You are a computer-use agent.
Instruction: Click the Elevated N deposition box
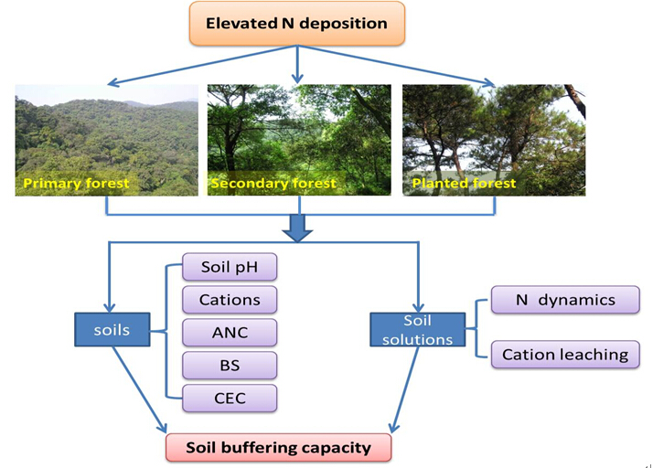click(297, 24)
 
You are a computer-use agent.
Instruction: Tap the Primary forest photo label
click(76, 184)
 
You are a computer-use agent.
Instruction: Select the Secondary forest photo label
click(273, 184)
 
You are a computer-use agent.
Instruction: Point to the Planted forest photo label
click(464, 184)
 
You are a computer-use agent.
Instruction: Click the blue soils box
click(113, 330)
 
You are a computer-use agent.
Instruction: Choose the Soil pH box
click(229, 268)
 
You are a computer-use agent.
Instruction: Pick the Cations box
click(229, 300)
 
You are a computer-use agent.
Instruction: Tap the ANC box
click(229, 332)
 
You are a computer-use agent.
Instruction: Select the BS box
click(229, 365)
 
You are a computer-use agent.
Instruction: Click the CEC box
click(229, 398)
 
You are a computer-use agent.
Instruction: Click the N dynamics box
click(564, 300)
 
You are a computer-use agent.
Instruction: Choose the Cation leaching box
click(564, 355)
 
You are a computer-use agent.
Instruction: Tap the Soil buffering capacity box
click(278, 448)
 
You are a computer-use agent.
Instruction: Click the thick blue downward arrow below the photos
click(297, 228)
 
